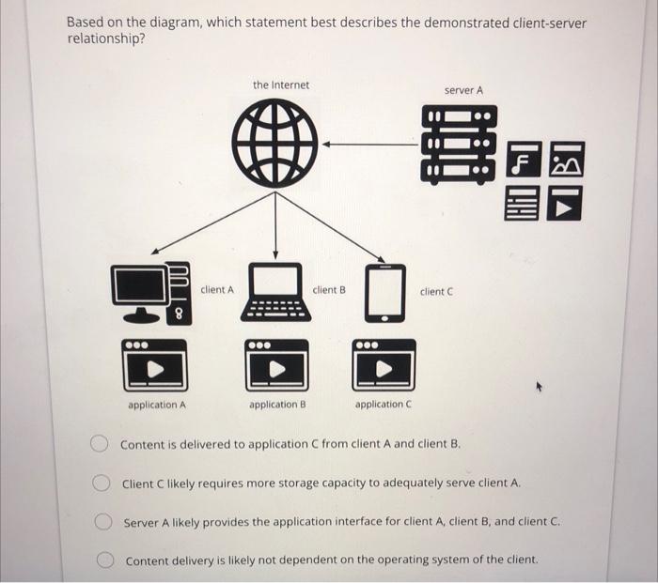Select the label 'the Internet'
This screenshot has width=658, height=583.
[x=280, y=85]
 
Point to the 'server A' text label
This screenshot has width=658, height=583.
[x=463, y=90]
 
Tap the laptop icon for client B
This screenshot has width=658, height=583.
[x=275, y=294]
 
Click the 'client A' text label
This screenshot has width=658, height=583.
[x=217, y=290]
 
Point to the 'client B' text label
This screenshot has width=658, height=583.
[x=329, y=290]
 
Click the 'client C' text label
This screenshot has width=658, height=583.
[x=437, y=291]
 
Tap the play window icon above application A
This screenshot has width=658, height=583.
[x=156, y=366]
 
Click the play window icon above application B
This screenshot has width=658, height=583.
[x=276, y=366]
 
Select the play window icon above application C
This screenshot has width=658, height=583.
[x=384, y=366]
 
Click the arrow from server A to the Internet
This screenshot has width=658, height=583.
[x=371, y=145]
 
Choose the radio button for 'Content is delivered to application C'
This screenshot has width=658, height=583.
[x=99, y=443]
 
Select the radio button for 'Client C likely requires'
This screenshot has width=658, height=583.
[x=100, y=483]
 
